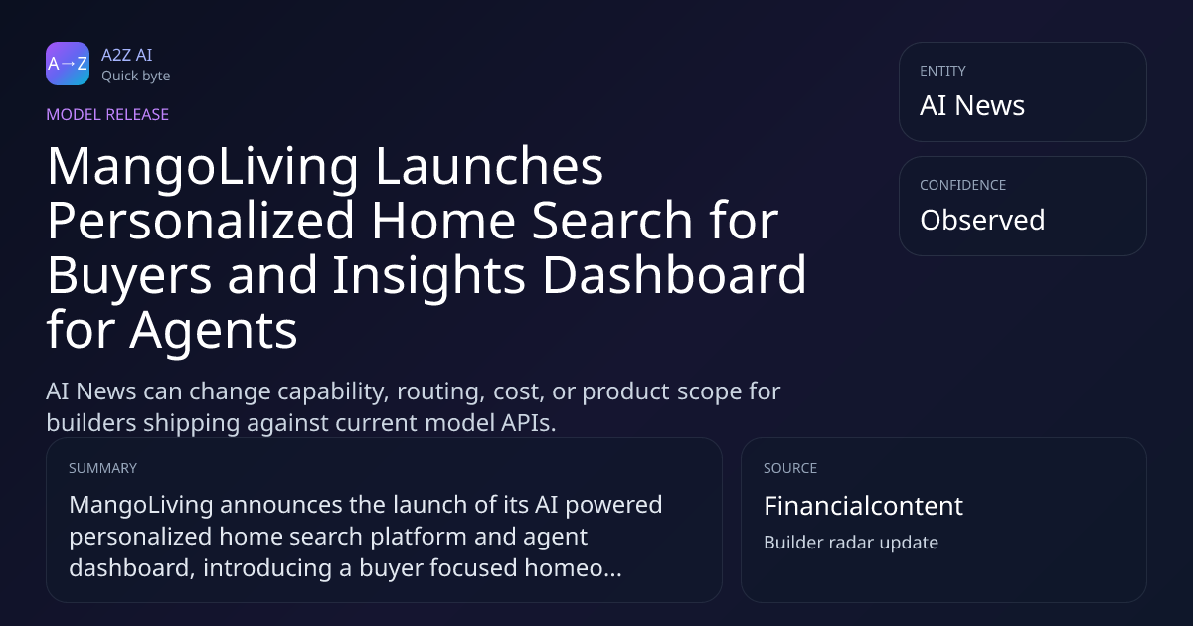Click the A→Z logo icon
(68, 64)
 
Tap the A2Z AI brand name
(127, 55)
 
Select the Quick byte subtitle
(136, 77)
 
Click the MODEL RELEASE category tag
(107, 114)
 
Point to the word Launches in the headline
(489, 166)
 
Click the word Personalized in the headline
(201, 221)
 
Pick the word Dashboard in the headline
(675, 274)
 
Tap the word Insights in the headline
(429, 276)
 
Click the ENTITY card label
(942, 71)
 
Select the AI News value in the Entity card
(972, 105)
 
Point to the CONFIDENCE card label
(963, 185)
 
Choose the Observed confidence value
(982, 220)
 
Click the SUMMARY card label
(102, 468)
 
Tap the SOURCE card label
(790, 468)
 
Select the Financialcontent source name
(863, 506)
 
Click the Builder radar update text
(851, 543)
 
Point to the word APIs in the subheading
(528, 423)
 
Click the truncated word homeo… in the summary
(573, 568)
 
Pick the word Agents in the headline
(214, 331)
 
